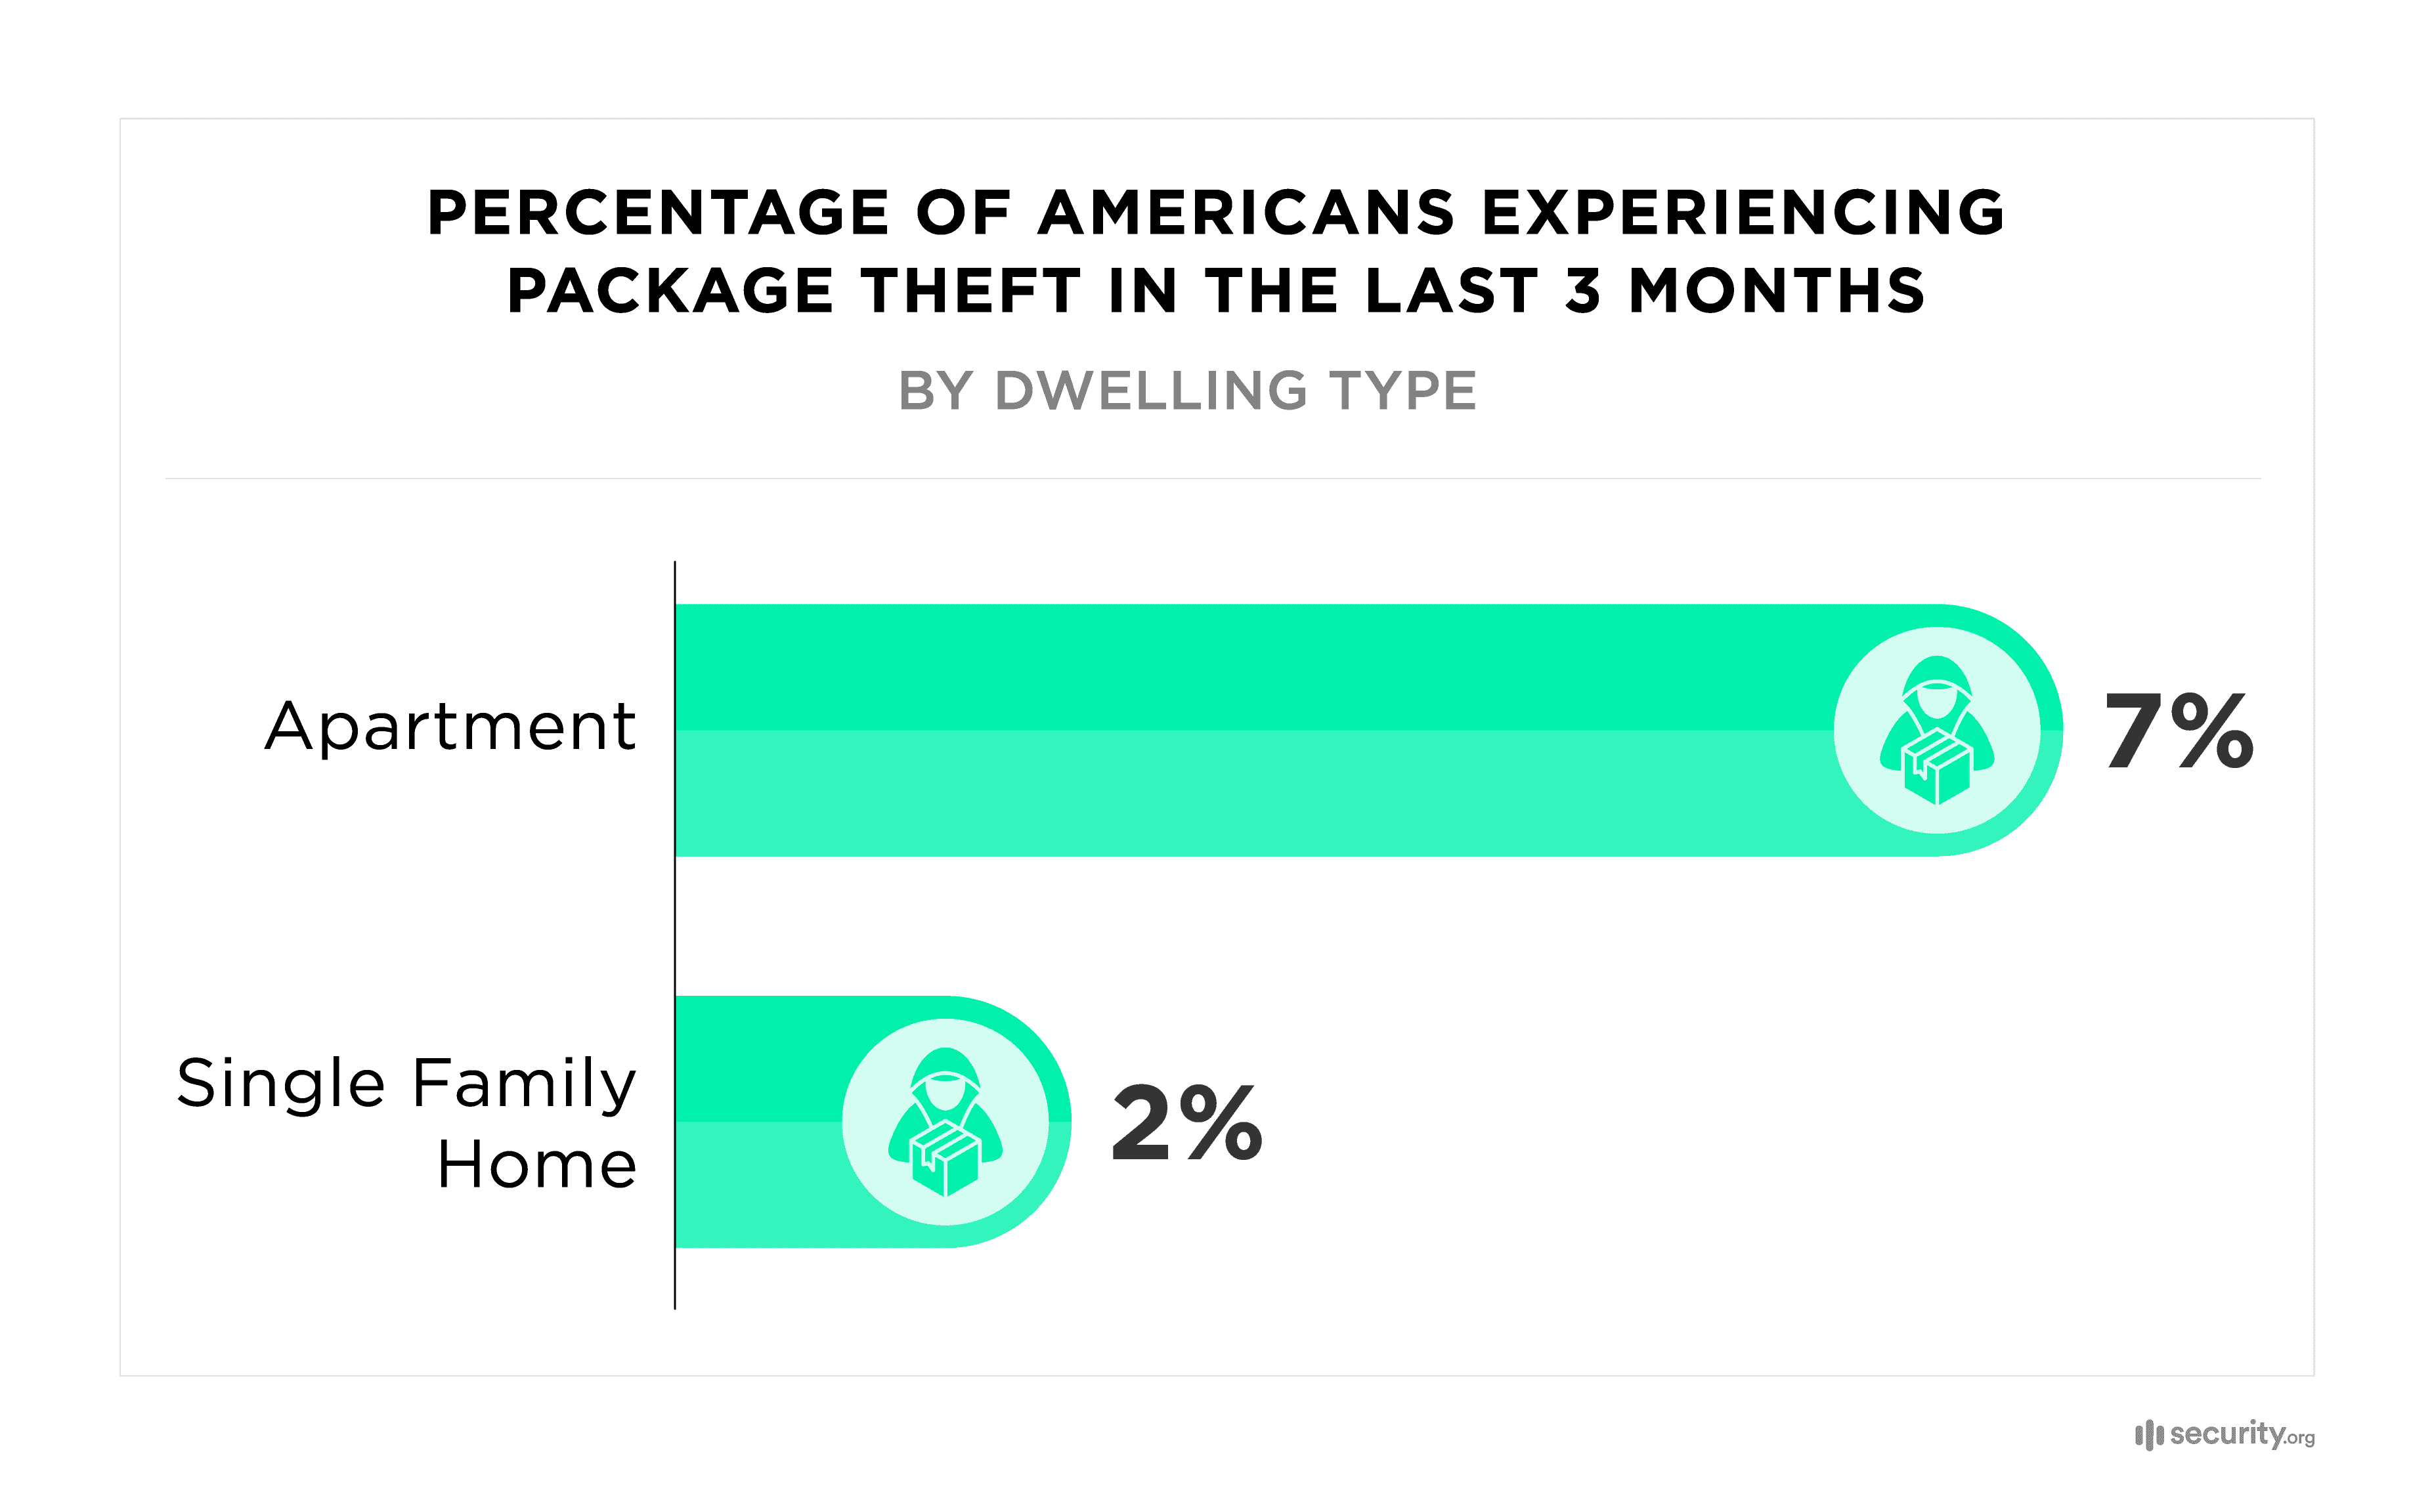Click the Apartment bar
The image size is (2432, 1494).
(1245, 730)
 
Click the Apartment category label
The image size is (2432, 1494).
(450, 727)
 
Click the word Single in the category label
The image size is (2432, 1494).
(280, 1083)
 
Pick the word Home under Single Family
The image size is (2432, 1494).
(536, 1165)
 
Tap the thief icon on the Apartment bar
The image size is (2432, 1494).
(1937, 730)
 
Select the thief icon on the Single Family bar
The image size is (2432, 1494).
(945, 1122)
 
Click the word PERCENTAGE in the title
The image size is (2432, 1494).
(658, 213)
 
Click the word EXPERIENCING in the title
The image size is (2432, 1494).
(1743, 213)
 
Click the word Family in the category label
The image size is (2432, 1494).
(524, 1083)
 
